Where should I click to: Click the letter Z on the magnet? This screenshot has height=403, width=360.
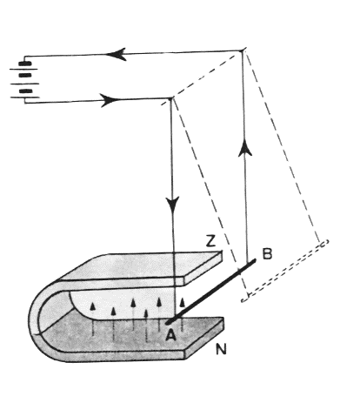tap(210, 241)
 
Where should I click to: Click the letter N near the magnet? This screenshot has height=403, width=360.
tap(221, 349)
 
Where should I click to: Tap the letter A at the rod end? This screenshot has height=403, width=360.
tap(170, 335)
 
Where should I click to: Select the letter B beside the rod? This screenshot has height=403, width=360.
tap(267, 253)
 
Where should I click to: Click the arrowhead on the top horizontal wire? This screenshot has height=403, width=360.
tap(116, 54)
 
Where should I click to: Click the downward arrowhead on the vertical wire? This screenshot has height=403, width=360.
tap(172, 205)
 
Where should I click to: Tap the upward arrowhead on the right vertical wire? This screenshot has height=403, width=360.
tap(245, 148)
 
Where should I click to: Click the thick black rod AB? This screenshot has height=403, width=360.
tap(210, 292)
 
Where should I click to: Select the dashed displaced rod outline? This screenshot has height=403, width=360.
tap(285, 271)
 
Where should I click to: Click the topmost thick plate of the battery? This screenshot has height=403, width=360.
tap(25, 64)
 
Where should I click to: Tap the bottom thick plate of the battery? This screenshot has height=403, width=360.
tap(25, 91)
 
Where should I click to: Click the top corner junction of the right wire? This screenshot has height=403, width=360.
tap(243, 50)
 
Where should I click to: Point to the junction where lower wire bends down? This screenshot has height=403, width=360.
tap(170, 98)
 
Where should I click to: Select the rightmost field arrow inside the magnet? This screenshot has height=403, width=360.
tap(182, 315)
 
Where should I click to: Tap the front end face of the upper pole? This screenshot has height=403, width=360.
tap(203, 268)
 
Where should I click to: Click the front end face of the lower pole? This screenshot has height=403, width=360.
tap(204, 339)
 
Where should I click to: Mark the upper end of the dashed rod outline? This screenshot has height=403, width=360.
tap(324, 242)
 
